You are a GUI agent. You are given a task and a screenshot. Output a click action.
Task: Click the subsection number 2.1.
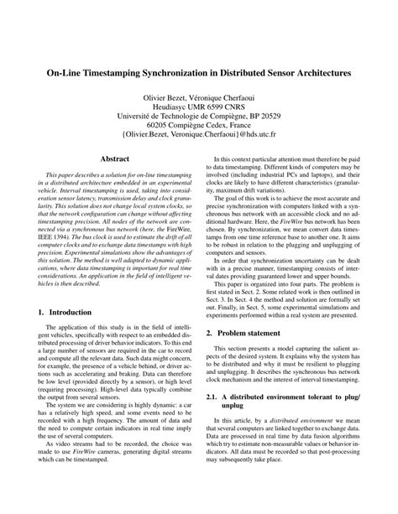pos(216,440)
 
